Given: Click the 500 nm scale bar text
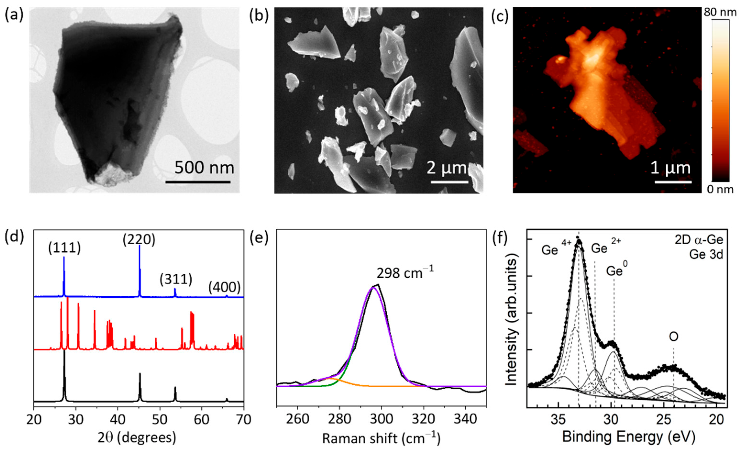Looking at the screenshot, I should (x=204, y=168).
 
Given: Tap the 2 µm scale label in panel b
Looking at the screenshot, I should (x=447, y=168).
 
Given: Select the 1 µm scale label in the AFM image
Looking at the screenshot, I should (x=671, y=168).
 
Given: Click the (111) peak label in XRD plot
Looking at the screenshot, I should (x=64, y=249).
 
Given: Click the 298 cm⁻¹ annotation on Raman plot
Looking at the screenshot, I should (x=405, y=273).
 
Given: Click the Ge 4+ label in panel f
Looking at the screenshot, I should (x=554, y=249).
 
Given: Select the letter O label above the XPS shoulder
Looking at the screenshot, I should (x=673, y=337).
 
